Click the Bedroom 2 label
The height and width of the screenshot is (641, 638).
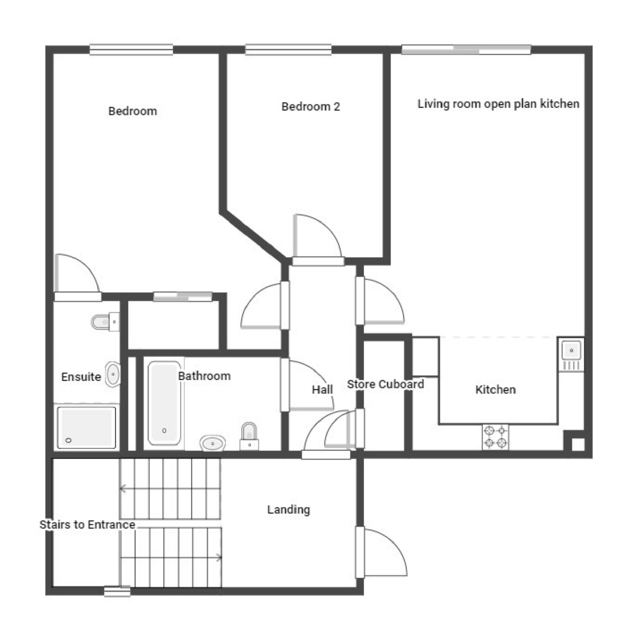pos(310,107)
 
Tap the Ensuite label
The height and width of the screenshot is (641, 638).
pos(81,377)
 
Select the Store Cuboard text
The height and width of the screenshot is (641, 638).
pos(385,384)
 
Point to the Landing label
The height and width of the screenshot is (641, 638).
pos(288,509)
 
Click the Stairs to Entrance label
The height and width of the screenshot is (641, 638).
pos(87,525)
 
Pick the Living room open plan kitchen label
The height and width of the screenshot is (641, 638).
pos(498,104)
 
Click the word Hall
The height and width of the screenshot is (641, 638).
pos(322,390)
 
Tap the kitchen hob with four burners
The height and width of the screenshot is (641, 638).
pos(495,437)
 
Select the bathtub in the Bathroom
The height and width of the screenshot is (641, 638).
pos(164,403)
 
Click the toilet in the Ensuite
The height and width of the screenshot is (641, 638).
pos(105,322)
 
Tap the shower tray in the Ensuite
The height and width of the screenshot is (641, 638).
pos(86,427)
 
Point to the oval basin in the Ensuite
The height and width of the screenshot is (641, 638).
pos(113,374)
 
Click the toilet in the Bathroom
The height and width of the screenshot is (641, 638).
pos(249,437)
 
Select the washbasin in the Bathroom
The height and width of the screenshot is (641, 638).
pos(212,443)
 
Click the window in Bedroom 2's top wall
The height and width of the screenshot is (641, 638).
pos(288,49)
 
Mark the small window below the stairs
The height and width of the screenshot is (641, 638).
pos(117,591)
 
